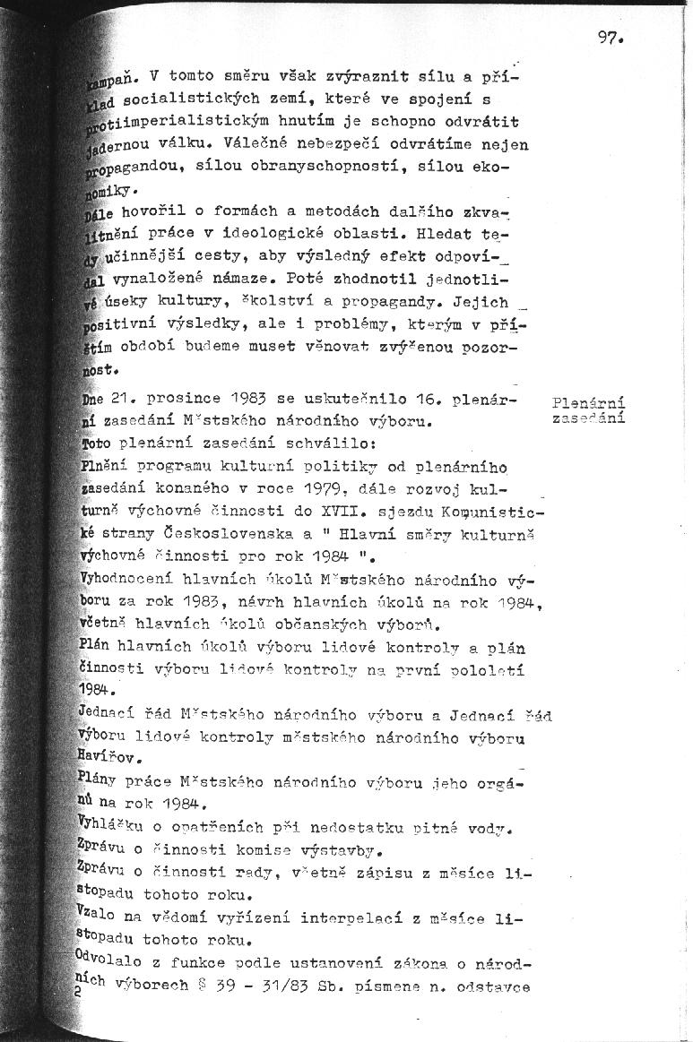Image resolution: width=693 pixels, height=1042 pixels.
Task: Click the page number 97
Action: [x=608, y=39]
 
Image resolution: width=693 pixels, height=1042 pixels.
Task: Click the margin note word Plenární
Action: [x=589, y=402]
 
